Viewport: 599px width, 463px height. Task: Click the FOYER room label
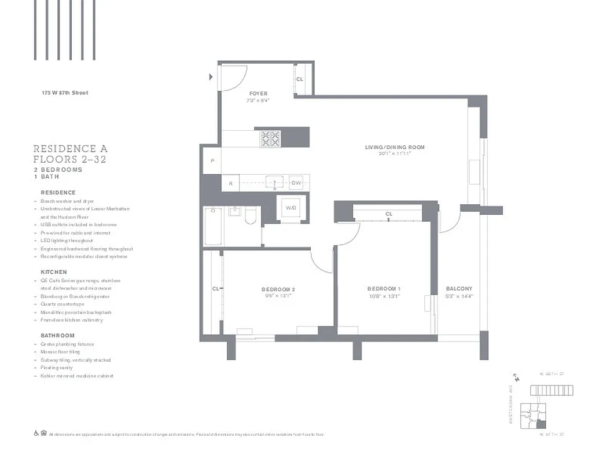point(258,94)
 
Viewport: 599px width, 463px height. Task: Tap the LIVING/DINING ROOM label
point(394,148)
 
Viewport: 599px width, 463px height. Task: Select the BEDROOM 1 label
point(384,289)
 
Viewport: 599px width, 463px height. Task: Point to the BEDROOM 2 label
point(278,289)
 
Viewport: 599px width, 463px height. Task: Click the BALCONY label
point(459,289)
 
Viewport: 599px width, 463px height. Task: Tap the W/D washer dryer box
point(290,208)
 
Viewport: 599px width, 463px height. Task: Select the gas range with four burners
point(270,138)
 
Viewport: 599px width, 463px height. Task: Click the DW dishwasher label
point(296,183)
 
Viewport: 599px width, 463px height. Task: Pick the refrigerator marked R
point(230,183)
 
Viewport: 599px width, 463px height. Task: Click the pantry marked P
point(212,161)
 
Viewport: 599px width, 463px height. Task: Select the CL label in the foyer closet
point(300,79)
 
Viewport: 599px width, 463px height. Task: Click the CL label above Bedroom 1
point(389,214)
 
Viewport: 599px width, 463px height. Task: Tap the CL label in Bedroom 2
point(215,289)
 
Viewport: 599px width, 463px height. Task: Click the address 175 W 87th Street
point(65,93)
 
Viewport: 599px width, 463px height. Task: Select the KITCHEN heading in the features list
point(54,272)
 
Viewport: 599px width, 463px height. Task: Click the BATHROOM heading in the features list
point(57,336)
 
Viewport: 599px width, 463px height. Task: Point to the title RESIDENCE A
point(70,149)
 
